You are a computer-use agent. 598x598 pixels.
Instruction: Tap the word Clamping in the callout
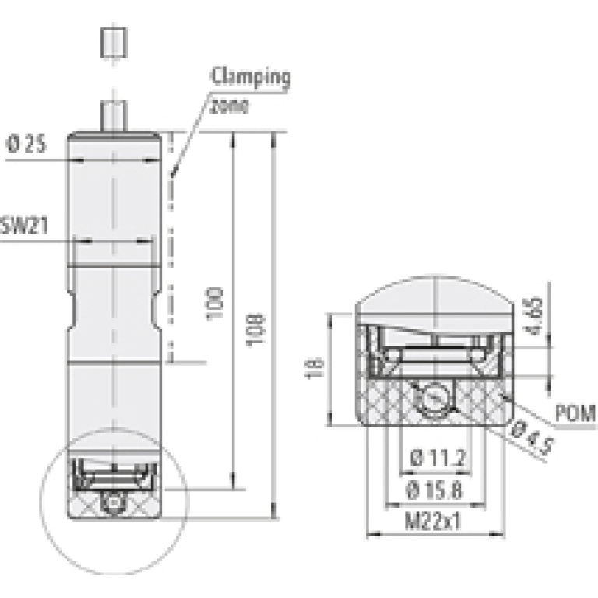tap(252, 78)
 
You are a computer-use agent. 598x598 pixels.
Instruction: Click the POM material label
tap(575, 413)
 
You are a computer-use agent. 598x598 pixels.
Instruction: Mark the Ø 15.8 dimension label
tap(438, 491)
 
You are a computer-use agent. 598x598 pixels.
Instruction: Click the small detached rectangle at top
tap(114, 42)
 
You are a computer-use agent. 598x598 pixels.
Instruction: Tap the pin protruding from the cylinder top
tap(114, 117)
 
